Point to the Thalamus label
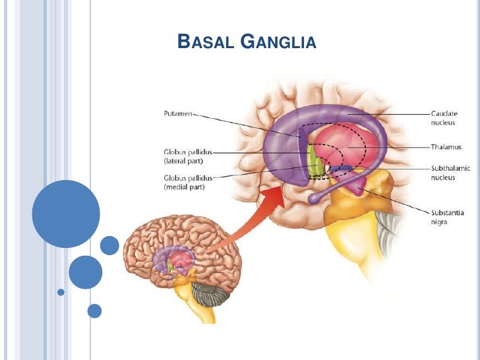click(447, 147)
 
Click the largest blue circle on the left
click(65, 214)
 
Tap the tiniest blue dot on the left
click(61, 291)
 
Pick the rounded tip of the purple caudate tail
click(315, 197)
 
